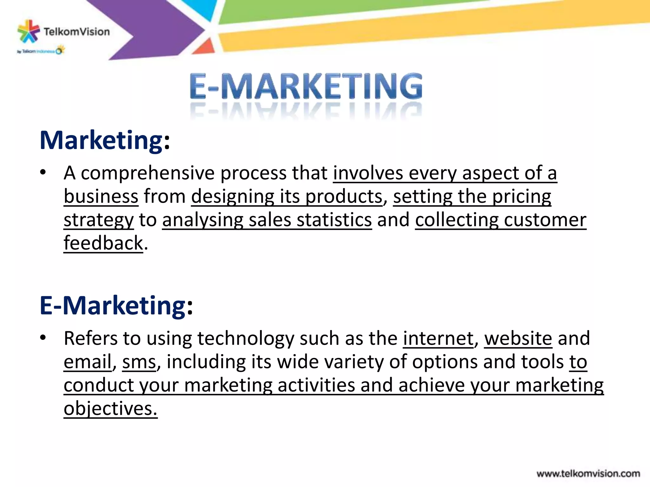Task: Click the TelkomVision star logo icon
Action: [x=28, y=31]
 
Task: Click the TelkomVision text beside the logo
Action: [x=76, y=32]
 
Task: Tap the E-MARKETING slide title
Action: [x=306, y=87]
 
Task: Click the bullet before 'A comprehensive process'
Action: [x=43, y=173]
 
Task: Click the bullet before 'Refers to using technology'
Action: [x=43, y=338]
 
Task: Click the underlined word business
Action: [x=101, y=197]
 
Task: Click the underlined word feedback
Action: [x=103, y=243]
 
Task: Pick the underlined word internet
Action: [x=438, y=338]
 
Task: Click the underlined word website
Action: [x=518, y=338]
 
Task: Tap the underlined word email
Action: [x=88, y=362]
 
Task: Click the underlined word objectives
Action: [x=110, y=408]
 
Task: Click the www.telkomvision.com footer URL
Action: [x=588, y=474]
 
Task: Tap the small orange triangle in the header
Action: [x=205, y=47]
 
